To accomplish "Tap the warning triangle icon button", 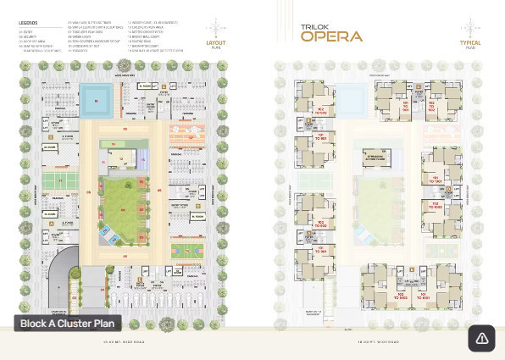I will click(481, 338).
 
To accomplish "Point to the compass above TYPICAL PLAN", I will click(471, 25).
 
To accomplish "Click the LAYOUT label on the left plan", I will click(215, 41).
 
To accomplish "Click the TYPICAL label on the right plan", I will click(471, 41).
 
